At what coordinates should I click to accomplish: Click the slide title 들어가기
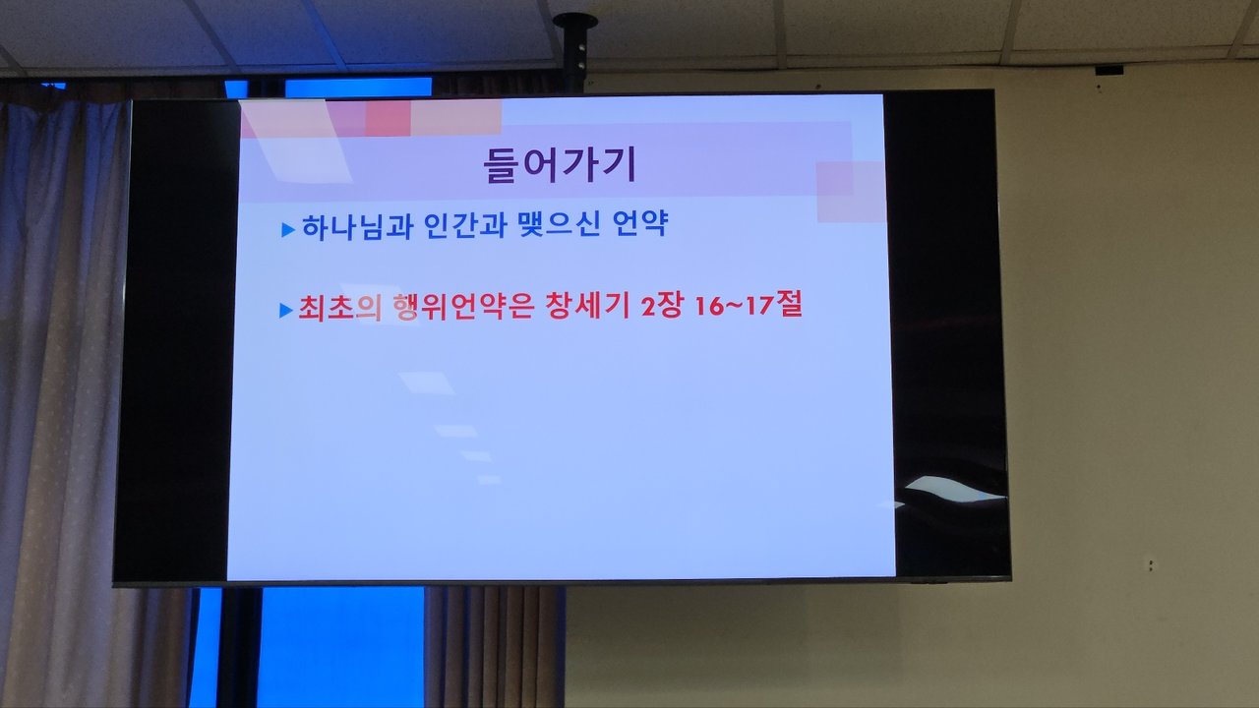click(560, 164)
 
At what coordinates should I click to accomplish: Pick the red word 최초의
click(339, 308)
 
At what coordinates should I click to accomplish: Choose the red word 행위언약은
click(462, 307)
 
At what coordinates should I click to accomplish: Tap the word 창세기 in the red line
click(587, 306)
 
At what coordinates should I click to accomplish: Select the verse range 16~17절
click(749, 305)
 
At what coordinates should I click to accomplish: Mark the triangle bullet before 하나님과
click(288, 229)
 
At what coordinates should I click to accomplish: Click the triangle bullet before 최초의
click(286, 311)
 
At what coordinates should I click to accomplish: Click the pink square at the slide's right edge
click(851, 192)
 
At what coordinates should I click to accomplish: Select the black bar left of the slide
click(177, 341)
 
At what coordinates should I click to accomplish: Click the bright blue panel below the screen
click(340, 647)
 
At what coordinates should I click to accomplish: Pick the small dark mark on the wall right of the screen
click(1151, 564)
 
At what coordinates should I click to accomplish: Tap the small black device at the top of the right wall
click(1109, 70)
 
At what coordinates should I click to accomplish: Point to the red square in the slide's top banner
click(388, 119)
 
